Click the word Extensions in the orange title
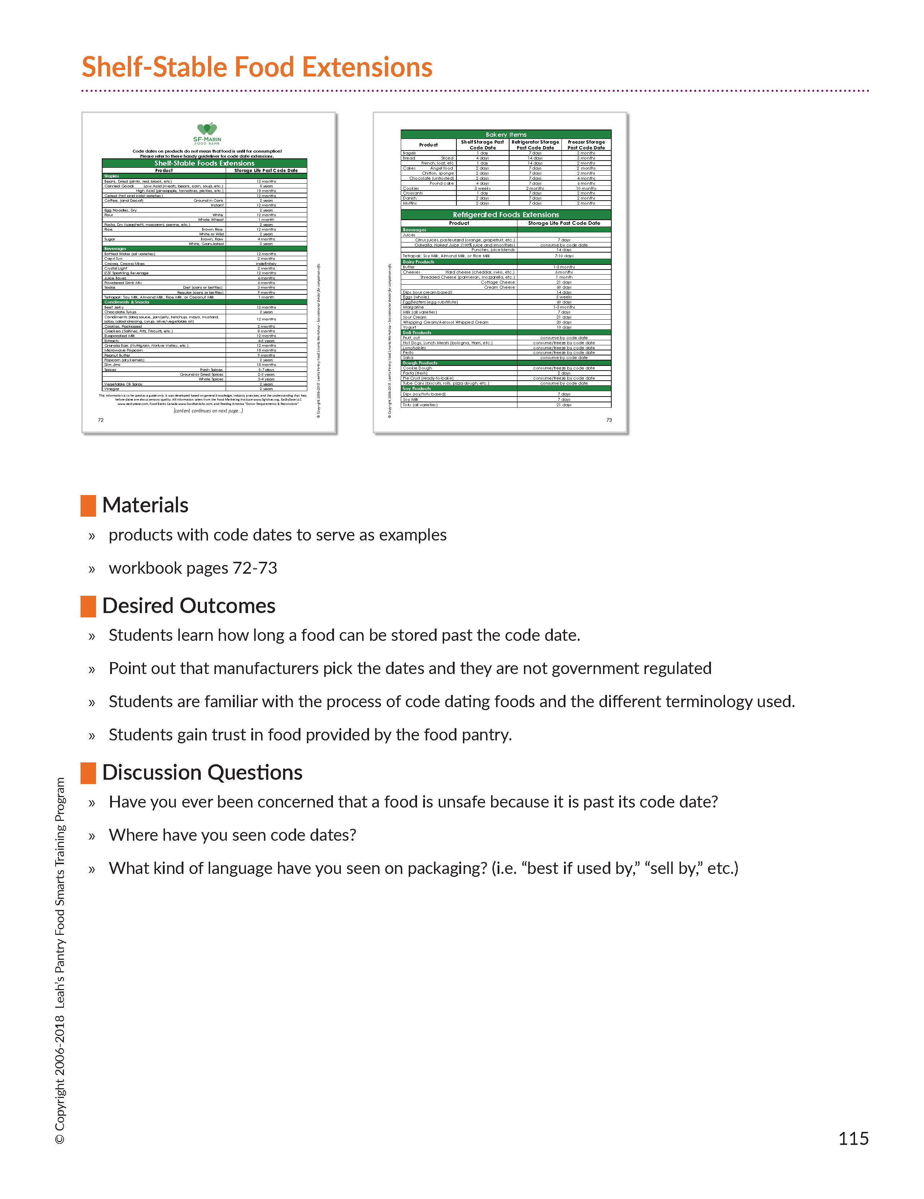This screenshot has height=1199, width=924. click(367, 67)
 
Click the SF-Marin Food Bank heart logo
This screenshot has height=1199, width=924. click(207, 130)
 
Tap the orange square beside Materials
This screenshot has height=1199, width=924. click(88, 506)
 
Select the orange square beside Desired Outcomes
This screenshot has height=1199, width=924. click(88, 606)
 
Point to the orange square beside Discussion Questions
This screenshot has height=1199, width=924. click(88, 773)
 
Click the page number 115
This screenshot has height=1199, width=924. click(853, 1139)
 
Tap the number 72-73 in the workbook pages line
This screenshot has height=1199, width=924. click(255, 568)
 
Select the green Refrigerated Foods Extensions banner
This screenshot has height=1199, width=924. click(506, 215)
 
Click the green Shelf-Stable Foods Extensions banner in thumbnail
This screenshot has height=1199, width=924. click(204, 163)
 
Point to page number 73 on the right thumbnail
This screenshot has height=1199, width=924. click(609, 420)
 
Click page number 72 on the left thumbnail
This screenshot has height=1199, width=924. click(100, 420)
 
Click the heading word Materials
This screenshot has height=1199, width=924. click(145, 506)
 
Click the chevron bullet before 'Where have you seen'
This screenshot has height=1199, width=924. click(92, 836)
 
